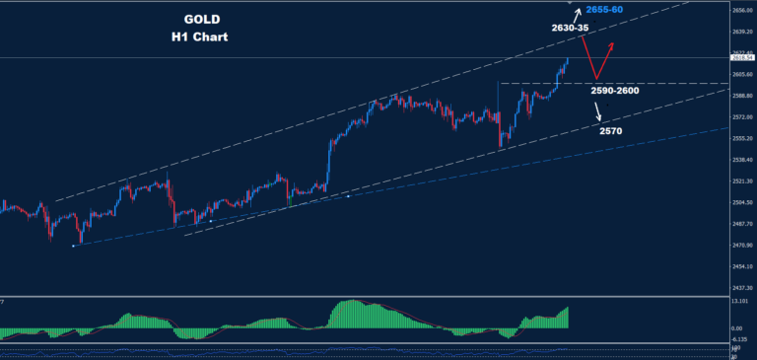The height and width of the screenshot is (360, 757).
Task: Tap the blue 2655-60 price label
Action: (x=603, y=10)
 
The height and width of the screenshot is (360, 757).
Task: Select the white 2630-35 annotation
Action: (x=570, y=29)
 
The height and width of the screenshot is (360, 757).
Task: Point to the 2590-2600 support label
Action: (x=615, y=91)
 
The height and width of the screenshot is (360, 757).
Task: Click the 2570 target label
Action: (x=611, y=129)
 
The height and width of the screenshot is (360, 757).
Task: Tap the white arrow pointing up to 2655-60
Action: (x=578, y=14)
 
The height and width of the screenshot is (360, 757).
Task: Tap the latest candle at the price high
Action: (x=568, y=62)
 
